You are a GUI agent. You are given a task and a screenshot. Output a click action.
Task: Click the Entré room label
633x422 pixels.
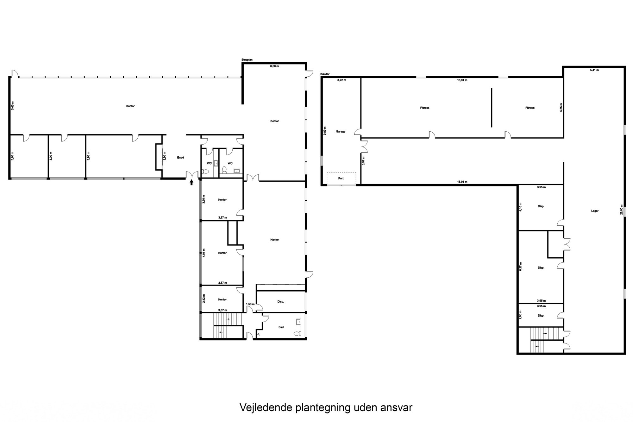pos(180,157)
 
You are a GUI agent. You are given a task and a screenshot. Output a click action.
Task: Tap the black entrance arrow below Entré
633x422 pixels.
pos(191,182)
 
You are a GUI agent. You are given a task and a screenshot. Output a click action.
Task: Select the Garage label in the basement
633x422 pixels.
pos(341,131)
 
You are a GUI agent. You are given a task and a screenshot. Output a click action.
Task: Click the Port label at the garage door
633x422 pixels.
pos(341,178)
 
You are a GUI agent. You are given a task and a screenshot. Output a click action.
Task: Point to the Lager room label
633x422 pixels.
pos(595,211)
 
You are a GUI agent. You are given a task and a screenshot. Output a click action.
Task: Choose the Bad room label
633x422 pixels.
pos(281,327)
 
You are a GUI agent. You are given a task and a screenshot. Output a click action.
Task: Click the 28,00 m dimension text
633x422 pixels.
pos(622,209)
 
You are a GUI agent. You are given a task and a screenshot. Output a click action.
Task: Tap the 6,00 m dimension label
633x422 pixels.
pos(274,66)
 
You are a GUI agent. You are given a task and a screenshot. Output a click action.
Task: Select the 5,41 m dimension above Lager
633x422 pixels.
pos(594,70)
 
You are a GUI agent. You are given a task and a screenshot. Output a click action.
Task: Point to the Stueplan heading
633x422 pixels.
pos(247,60)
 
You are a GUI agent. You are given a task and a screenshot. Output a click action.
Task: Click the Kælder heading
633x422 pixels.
pos(325,74)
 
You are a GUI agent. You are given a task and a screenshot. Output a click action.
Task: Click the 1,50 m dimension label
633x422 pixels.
pos(250,304)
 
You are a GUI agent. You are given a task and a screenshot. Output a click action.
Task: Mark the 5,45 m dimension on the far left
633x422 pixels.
pos(13,105)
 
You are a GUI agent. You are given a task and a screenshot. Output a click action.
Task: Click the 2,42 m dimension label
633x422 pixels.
pos(204,298)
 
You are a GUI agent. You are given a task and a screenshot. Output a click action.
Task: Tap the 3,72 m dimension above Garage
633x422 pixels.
pos(342,80)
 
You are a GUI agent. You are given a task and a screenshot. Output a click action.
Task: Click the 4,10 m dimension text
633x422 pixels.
pos(521,206)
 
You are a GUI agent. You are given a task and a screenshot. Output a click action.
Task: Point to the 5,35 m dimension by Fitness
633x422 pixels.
pos(561,107)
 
